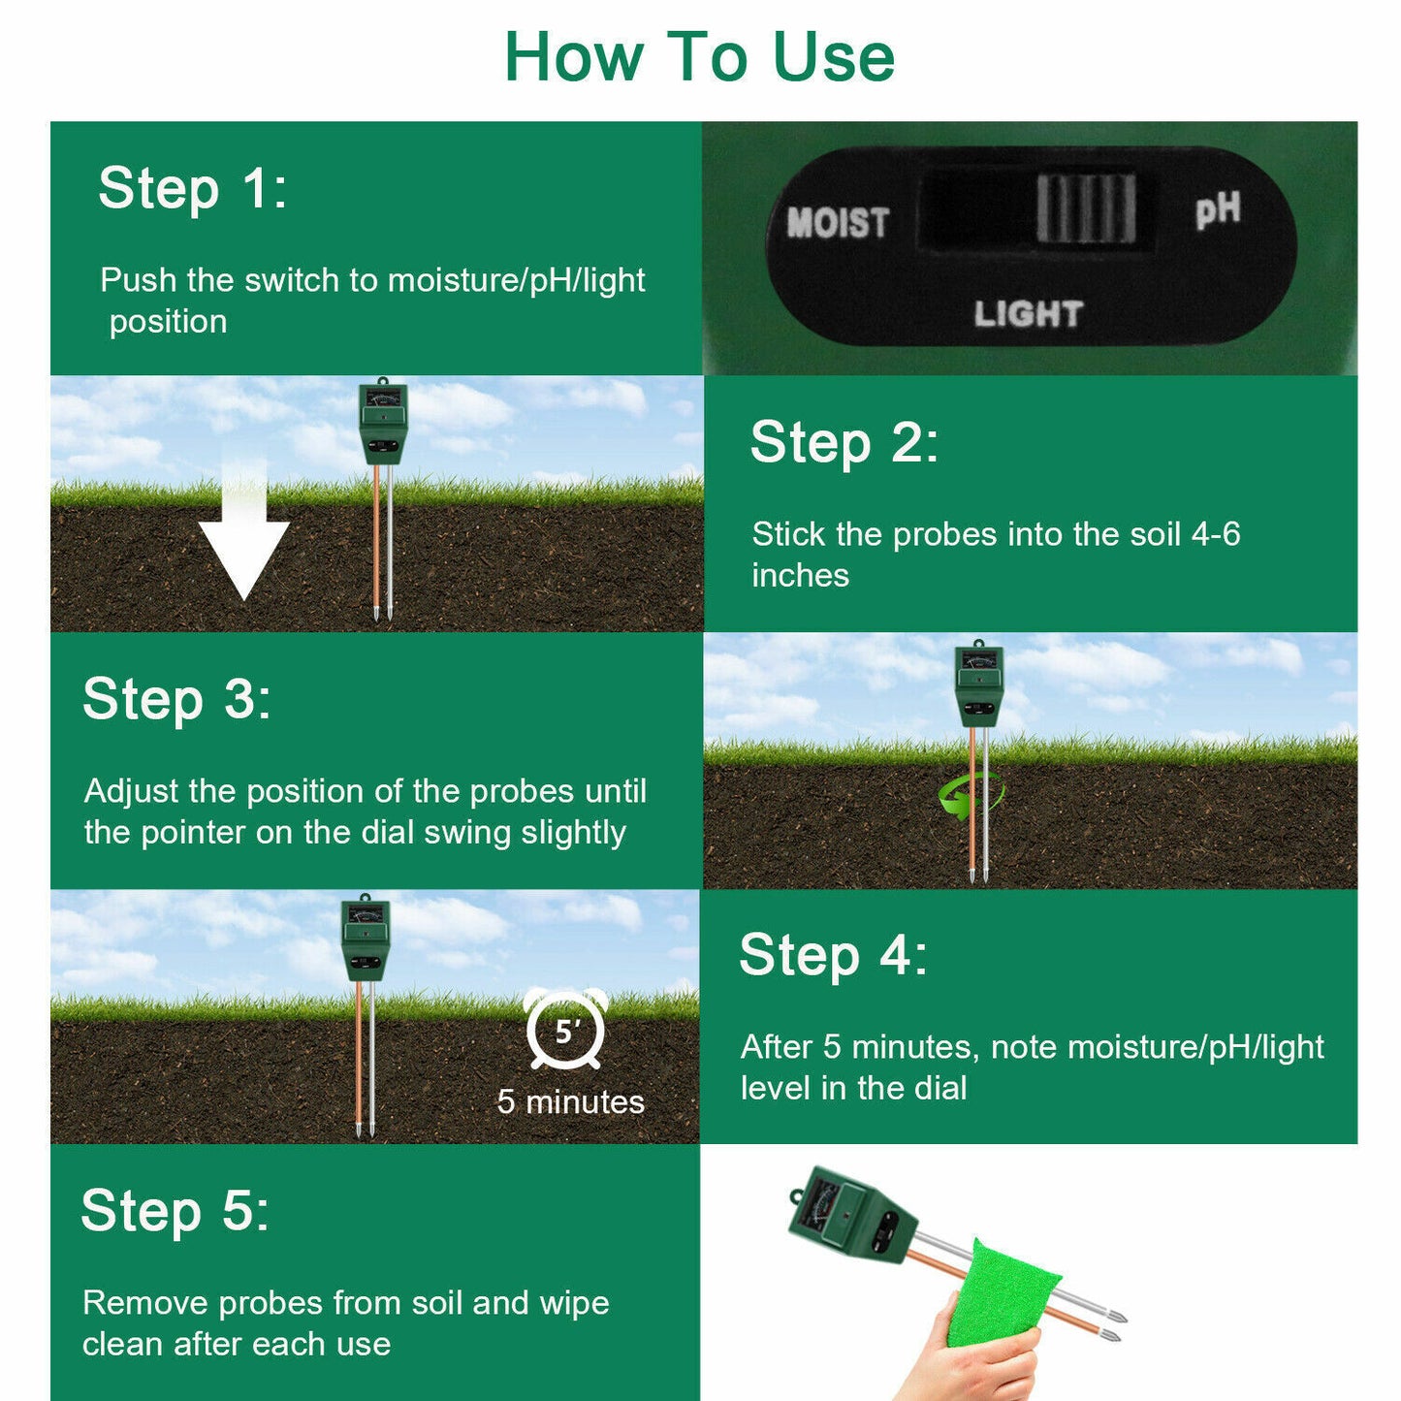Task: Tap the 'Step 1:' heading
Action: pyautogui.click(x=193, y=188)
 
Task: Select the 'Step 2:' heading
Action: pyautogui.click(x=844, y=443)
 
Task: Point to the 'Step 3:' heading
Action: pyautogui.click(x=176, y=699)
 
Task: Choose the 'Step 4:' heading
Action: pyautogui.click(x=833, y=955)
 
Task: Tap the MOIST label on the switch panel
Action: pyautogui.click(x=839, y=222)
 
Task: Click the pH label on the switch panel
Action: pyautogui.click(x=1218, y=210)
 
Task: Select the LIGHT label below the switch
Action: pyautogui.click(x=1028, y=314)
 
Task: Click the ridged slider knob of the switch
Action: pyautogui.click(x=1086, y=208)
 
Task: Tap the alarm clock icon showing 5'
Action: pyautogui.click(x=565, y=1029)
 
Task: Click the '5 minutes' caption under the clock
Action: pyautogui.click(x=571, y=1102)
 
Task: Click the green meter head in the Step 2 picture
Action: pyautogui.click(x=383, y=423)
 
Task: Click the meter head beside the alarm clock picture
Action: pyautogui.click(x=365, y=938)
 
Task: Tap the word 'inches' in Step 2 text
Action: pyautogui.click(x=801, y=576)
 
